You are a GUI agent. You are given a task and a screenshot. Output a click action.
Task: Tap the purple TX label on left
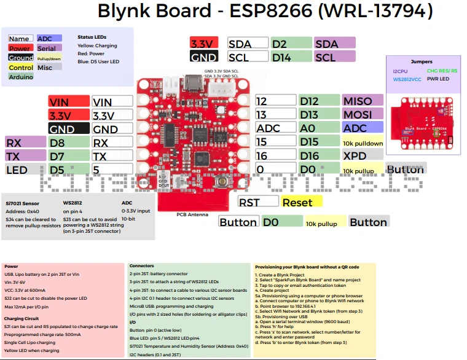click(x=25, y=157)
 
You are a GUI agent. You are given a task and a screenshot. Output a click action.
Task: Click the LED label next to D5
click(x=25, y=170)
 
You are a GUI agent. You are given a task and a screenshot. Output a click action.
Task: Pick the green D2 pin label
click(x=291, y=44)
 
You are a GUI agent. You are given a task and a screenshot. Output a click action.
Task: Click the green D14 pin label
click(x=291, y=57)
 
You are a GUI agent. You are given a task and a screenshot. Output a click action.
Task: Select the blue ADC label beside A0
click(x=363, y=128)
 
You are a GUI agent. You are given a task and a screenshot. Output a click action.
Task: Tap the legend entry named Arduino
click(x=21, y=77)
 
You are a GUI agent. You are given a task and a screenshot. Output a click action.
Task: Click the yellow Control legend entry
click(x=21, y=68)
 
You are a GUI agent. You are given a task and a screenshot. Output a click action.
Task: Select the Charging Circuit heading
click(x=23, y=318)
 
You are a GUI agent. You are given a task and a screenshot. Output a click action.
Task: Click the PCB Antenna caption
click(x=192, y=214)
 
